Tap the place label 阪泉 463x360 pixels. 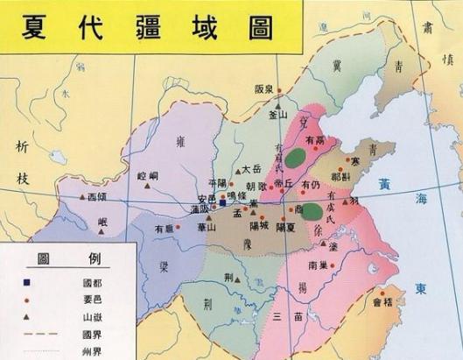pyautogui.click(x=265, y=88)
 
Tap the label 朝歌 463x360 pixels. pyautogui.click(x=256, y=187)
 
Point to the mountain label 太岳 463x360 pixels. pyautogui.click(x=251, y=170)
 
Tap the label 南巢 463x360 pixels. pyautogui.click(x=318, y=264)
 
